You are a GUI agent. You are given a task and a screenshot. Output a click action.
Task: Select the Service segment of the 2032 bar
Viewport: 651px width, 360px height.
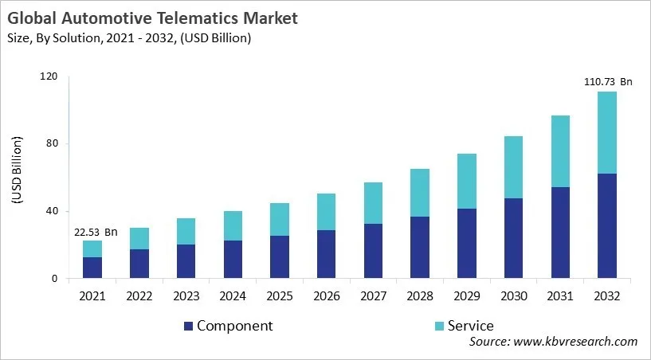607,132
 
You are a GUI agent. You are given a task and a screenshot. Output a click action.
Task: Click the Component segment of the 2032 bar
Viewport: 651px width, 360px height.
607,226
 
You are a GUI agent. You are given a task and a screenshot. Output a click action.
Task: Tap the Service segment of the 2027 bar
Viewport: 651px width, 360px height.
373,203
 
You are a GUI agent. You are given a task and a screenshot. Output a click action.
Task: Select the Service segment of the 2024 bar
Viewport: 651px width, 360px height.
233,225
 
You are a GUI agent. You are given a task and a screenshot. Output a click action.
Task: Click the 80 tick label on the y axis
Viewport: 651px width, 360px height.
52,144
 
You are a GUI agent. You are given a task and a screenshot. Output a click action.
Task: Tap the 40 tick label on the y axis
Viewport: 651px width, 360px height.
52,211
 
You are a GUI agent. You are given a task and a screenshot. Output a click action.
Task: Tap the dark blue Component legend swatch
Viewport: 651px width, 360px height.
188,326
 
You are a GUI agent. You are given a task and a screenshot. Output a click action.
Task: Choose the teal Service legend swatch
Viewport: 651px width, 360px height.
437,326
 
